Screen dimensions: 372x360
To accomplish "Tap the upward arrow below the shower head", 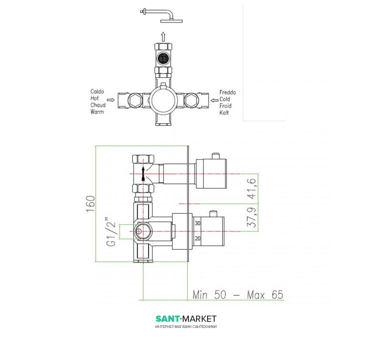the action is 163,36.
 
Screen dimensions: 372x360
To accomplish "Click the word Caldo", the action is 97,91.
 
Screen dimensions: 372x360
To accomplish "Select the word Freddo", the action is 227,92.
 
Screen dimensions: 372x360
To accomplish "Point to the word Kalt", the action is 224,112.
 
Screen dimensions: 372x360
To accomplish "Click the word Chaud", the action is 98,105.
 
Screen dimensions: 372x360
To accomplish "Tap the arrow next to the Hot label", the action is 111,100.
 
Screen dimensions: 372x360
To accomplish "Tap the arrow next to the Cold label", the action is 215,100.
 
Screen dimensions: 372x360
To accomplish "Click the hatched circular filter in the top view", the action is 163,58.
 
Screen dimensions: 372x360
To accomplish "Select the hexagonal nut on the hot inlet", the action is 134,100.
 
